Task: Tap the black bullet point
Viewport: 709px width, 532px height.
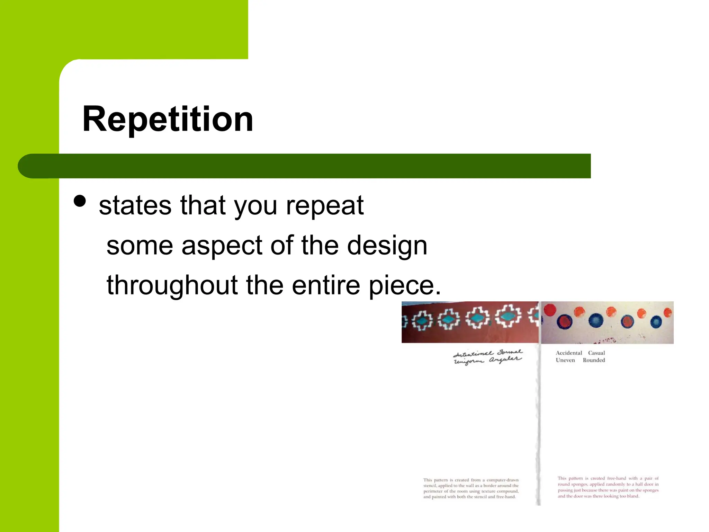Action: click(80, 201)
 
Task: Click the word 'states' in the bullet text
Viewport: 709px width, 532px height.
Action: click(135, 205)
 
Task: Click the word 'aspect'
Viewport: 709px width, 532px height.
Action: click(222, 246)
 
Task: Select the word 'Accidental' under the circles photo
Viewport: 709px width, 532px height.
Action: click(569, 353)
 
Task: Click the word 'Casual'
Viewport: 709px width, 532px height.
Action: click(596, 353)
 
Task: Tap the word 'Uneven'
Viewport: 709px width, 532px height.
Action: click(565, 360)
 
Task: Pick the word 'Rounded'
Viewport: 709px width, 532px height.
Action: click(594, 360)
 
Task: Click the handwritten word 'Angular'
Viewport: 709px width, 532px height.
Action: click(505, 360)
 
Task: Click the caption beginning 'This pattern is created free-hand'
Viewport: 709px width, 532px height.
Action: click(608, 487)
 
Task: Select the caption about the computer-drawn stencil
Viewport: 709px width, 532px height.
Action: click(471, 488)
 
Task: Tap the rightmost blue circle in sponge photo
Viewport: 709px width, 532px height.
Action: click(656, 322)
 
